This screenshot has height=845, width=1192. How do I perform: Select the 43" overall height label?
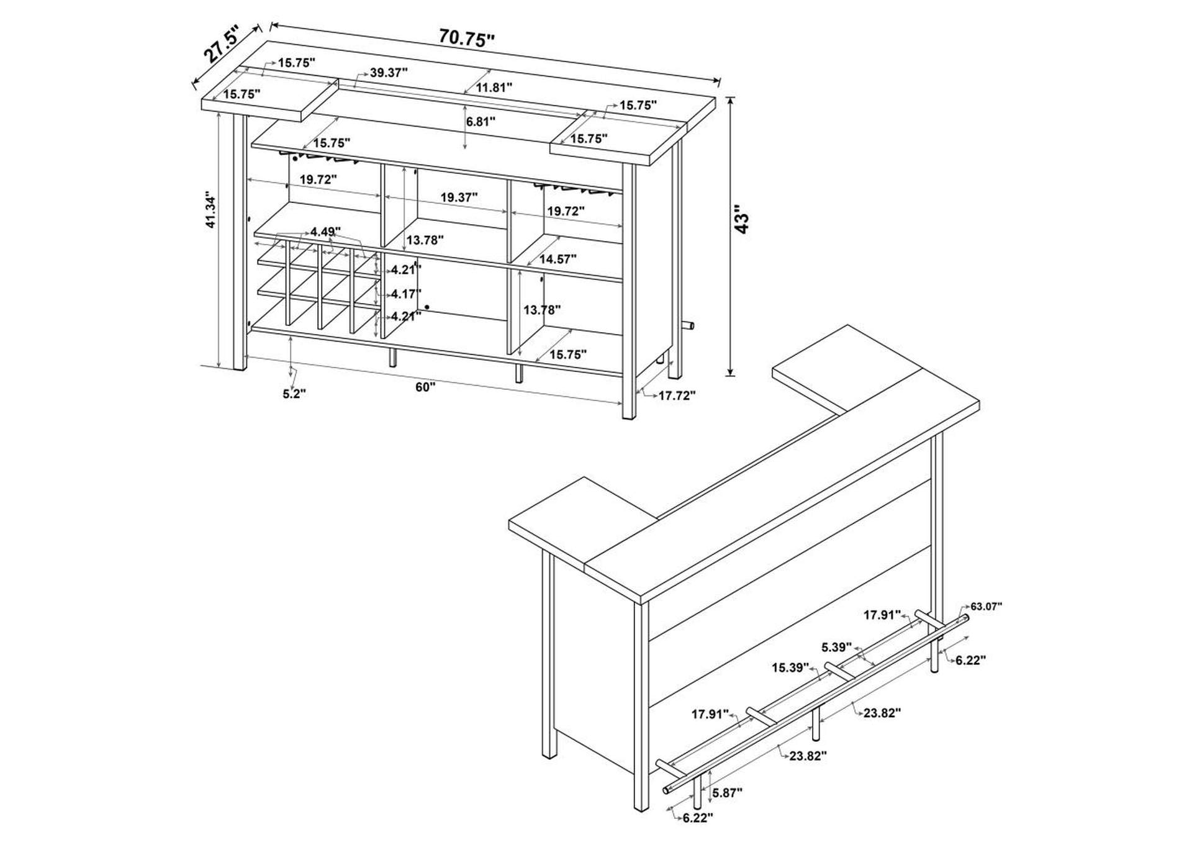click(741, 219)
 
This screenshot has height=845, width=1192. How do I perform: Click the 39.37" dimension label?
click(389, 73)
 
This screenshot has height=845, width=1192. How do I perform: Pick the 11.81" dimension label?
click(494, 88)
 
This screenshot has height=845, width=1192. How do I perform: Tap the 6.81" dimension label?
click(481, 121)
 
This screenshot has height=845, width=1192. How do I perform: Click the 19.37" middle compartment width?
click(459, 197)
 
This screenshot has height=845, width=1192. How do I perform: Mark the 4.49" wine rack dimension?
click(326, 232)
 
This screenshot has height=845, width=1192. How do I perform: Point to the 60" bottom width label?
click(425, 387)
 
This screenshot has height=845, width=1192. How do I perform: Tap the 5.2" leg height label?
click(294, 394)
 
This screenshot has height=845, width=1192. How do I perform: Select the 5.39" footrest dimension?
click(836, 647)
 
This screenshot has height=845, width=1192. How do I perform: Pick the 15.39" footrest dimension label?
click(790, 667)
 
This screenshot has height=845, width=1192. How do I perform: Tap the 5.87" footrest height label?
click(728, 792)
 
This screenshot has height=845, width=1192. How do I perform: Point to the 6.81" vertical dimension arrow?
click(466, 127)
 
